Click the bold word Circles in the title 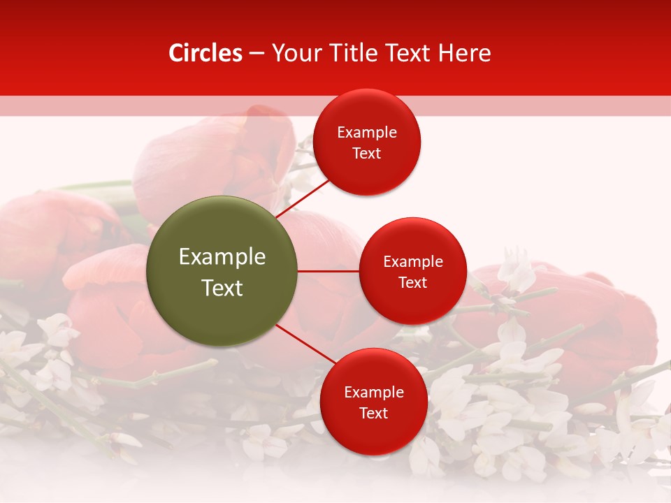tap(205, 53)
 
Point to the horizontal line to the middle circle tap(328, 271)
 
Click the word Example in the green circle tap(222, 257)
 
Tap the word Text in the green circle tap(222, 288)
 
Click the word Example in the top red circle tap(366, 133)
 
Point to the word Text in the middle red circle tap(412, 283)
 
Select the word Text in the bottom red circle tap(373, 414)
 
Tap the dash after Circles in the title tap(256, 54)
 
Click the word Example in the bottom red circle tap(373, 393)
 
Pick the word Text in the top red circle tap(366, 154)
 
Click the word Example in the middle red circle tap(412, 262)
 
